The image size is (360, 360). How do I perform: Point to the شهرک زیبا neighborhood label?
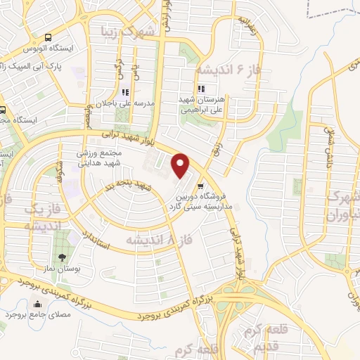[138, 32]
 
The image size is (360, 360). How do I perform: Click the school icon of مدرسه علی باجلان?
[126, 91]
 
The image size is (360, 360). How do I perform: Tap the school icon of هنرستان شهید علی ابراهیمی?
[202, 89]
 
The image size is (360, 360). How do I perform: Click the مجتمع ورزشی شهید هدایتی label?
[103, 156]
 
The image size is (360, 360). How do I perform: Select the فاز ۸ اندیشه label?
[149, 240]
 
